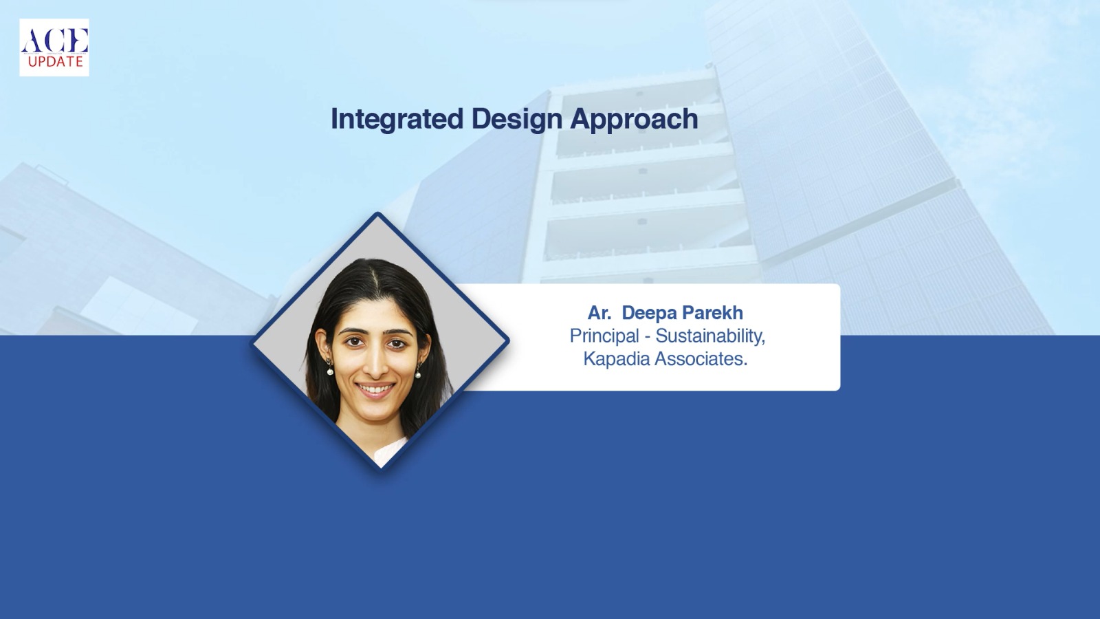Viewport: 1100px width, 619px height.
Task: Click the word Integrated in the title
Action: (x=397, y=120)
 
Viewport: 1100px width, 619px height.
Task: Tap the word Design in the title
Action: (x=516, y=120)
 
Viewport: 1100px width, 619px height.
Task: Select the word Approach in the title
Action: (x=634, y=120)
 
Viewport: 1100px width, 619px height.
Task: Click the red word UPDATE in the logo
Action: (x=56, y=62)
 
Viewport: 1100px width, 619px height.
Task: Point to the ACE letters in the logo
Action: (x=54, y=41)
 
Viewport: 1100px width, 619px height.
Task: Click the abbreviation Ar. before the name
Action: (x=599, y=313)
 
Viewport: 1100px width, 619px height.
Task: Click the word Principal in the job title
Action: (x=604, y=337)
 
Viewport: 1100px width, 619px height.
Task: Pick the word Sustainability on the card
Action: (x=710, y=336)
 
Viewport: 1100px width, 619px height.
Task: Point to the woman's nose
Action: (x=374, y=366)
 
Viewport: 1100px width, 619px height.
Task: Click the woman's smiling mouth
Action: (x=375, y=389)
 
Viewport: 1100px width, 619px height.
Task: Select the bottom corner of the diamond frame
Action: (x=381, y=472)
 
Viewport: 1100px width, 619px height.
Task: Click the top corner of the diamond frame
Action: (x=377, y=213)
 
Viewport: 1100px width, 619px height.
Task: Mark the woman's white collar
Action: (x=390, y=452)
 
